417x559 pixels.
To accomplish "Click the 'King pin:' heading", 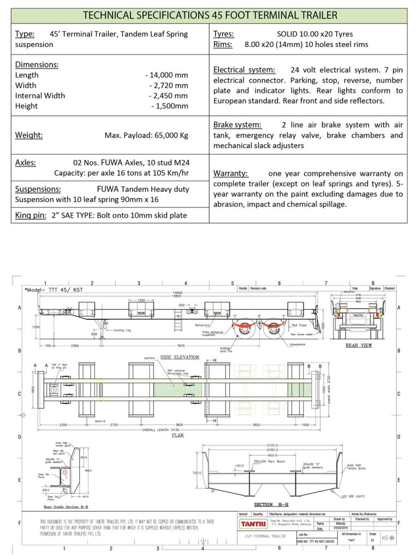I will (31, 215).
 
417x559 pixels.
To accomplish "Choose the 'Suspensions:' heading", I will (38, 189).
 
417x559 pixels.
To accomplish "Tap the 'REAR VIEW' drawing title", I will (359, 346).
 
